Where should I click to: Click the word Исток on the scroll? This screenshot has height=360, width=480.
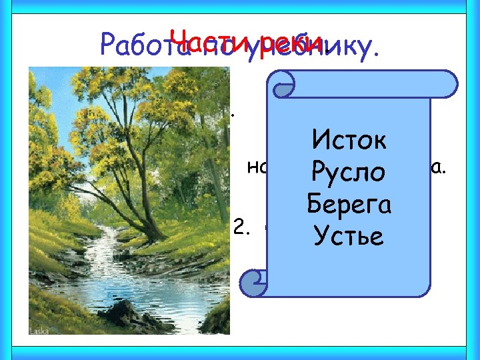click(x=349, y=141)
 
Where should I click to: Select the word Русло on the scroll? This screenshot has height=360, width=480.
click(x=349, y=173)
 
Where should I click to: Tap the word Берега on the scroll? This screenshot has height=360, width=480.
click(x=349, y=204)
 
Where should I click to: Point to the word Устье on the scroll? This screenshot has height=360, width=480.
click(x=349, y=235)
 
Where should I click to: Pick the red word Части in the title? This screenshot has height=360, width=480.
click(x=200, y=39)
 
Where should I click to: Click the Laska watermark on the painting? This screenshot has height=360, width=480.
click(x=41, y=329)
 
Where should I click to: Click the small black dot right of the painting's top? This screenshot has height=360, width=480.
click(x=233, y=115)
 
